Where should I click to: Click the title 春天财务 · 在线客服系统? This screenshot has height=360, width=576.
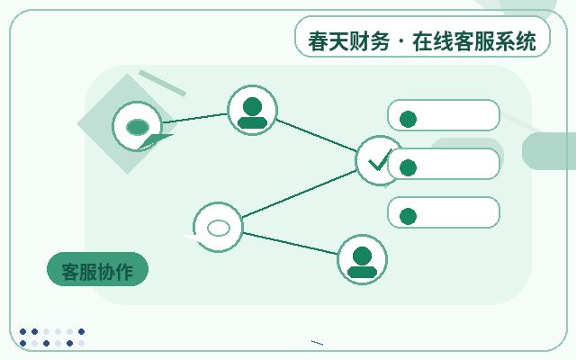[x=422, y=41]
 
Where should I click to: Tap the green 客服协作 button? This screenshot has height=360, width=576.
[x=97, y=269]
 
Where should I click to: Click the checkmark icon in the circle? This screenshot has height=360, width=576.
[x=379, y=161]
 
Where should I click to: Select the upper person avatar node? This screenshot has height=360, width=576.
[x=252, y=110]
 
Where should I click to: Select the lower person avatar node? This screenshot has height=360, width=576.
[x=362, y=259]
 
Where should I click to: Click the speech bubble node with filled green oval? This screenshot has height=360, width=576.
[x=138, y=126]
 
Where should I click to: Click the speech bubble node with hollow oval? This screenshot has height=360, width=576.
[x=218, y=227]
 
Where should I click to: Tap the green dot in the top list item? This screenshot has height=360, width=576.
[x=408, y=119]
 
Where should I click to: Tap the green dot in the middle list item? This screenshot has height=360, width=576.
[x=408, y=168]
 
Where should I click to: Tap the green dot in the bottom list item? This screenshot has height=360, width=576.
[x=408, y=216]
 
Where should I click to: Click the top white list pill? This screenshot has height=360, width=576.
[x=444, y=115]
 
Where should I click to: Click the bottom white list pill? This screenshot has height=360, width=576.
[x=444, y=212]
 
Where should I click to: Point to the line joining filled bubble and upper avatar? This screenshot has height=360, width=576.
[x=195, y=118]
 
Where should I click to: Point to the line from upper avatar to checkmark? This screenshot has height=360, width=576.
[x=317, y=135]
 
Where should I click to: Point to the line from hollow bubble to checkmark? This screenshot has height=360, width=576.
[x=299, y=194]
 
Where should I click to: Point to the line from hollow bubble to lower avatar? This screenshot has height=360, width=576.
[x=291, y=243]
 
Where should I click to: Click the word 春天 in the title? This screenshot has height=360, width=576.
[x=322, y=41]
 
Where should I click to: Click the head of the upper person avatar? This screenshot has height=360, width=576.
[x=252, y=106]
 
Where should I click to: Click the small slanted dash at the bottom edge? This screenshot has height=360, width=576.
[x=317, y=343]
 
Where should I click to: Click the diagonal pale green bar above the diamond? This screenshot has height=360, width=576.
[x=162, y=83]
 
